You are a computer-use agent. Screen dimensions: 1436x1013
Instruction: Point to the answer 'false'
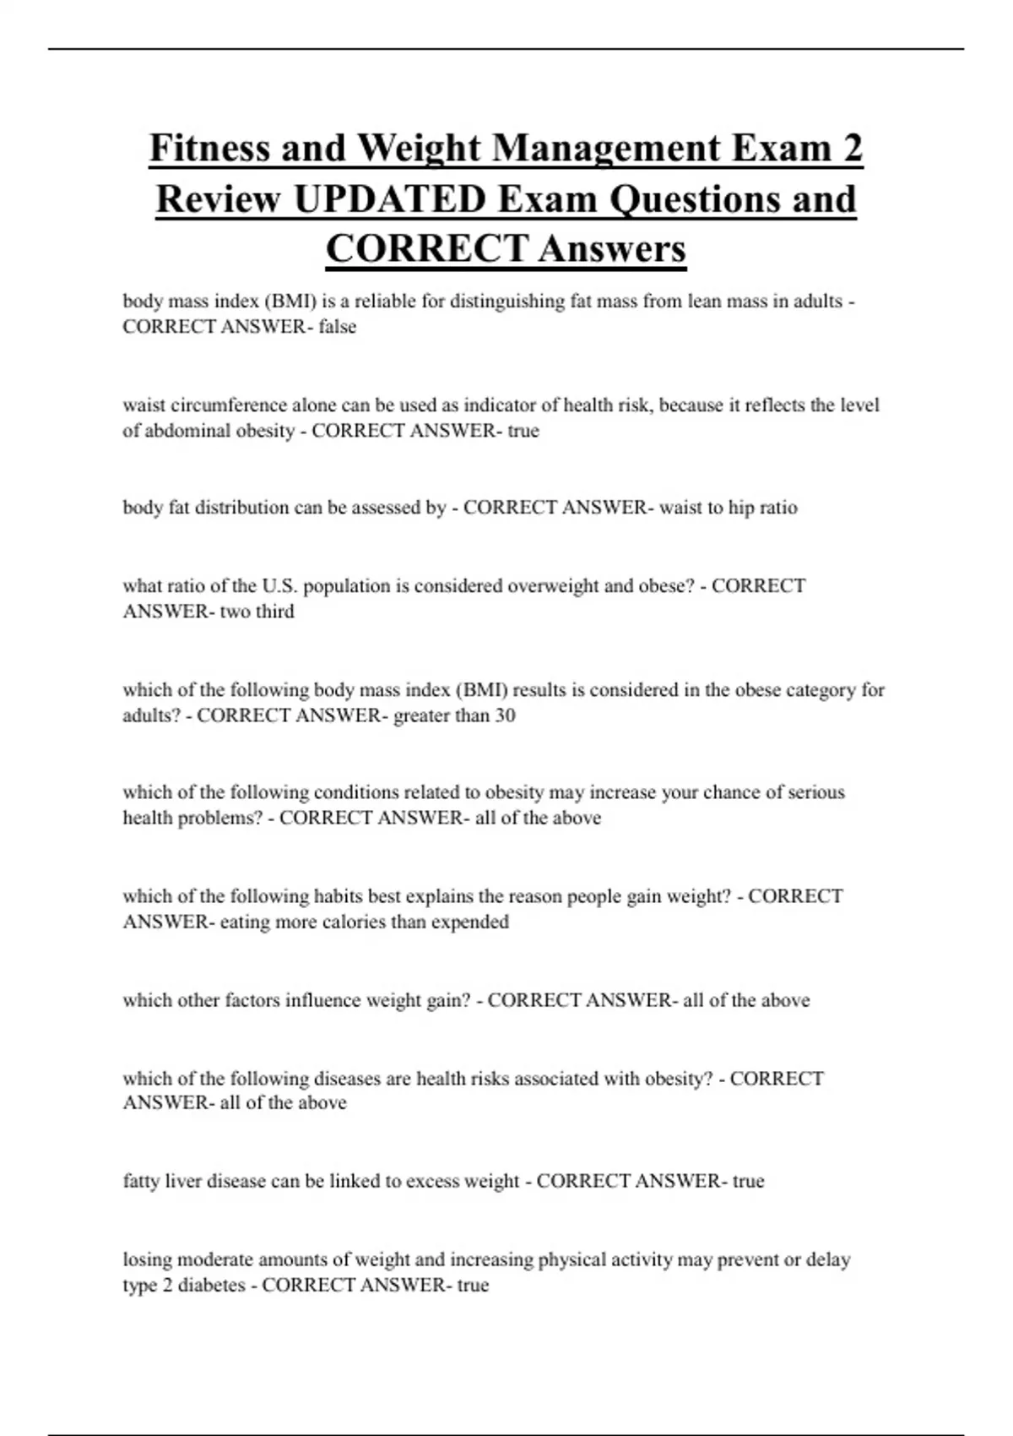point(337,327)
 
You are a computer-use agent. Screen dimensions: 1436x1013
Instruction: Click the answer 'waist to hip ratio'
point(728,508)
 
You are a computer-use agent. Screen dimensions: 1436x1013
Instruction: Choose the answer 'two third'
point(257,612)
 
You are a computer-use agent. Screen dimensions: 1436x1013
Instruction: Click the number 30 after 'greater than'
point(505,715)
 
